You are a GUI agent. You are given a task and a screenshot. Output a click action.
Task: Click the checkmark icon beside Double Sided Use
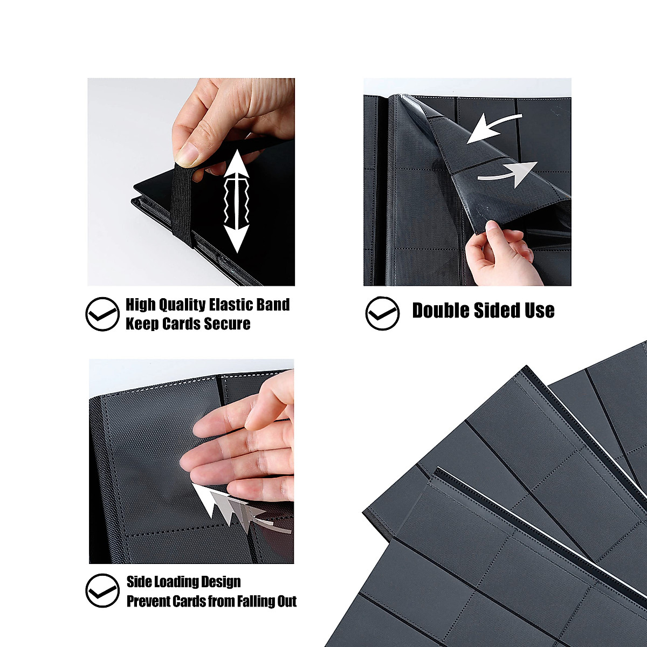click(382, 313)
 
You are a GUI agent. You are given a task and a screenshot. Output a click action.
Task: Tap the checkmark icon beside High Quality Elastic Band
click(102, 314)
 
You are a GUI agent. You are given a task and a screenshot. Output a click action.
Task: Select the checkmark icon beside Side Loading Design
click(102, 591)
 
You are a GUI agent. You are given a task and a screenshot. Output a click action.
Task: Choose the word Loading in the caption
click(176, 582)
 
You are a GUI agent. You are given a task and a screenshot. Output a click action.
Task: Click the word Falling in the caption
click(253, 601)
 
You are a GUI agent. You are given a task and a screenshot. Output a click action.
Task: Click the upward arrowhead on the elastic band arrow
click(236, 164)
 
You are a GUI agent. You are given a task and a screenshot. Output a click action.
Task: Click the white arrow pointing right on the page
click(510, 173)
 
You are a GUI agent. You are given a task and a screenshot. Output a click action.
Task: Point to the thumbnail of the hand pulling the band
click(191, 182)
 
